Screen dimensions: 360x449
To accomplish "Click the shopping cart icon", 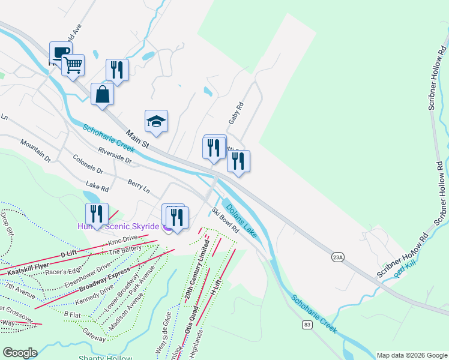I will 73,65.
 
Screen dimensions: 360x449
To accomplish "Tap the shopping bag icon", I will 103,94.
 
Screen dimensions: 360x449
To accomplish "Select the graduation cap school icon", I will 156,122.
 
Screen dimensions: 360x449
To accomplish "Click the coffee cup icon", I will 60,51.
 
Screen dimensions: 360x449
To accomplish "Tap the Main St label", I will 137,139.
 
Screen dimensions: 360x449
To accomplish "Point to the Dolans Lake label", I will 241,218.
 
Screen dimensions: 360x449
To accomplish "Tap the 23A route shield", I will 338,257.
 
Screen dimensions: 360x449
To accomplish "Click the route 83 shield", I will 307,325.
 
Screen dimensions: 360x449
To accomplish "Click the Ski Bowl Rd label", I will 225,220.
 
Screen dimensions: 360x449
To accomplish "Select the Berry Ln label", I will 138,185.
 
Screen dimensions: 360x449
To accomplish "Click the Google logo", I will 20,353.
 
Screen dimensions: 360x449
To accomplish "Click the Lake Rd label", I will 97,188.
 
